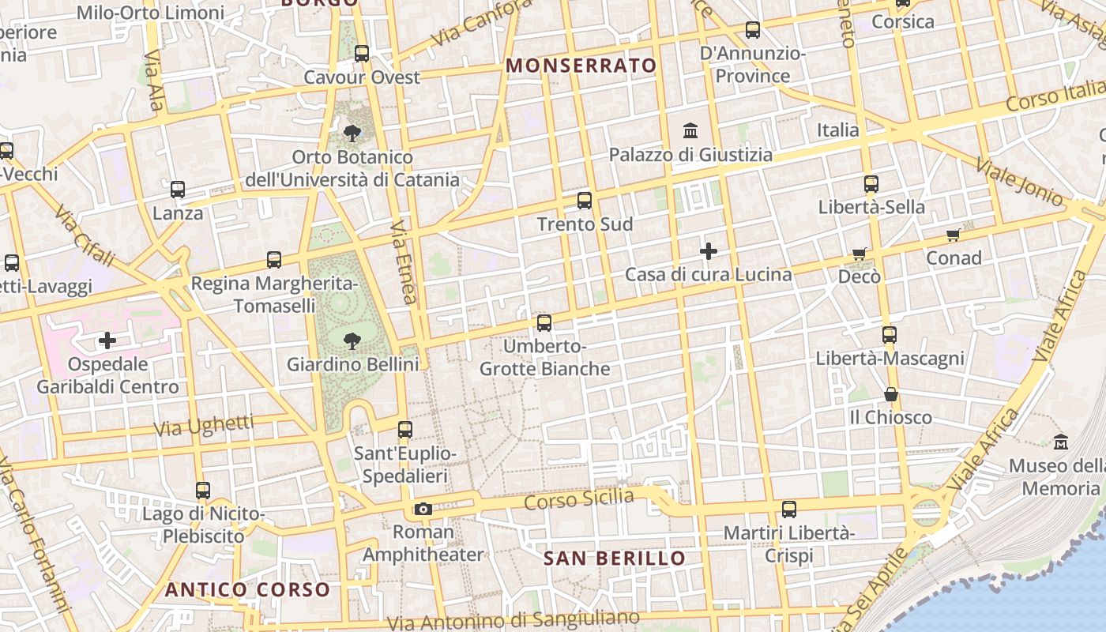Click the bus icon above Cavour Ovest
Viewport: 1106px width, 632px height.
pyautogui.click(x=362, y=54)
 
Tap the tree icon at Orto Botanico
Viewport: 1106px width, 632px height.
pyautogui.click(x=352, y=134)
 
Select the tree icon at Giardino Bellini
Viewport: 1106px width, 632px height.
pyautogui.click(x=352, y=341)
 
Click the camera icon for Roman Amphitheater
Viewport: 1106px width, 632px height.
pyautogui.click(x=423, y=509)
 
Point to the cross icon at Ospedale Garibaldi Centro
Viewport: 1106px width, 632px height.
pyautogui.click(x=107, y=341)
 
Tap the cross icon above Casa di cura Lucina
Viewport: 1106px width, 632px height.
pyautogui.click(x=709, y=251)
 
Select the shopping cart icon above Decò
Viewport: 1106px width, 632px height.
pyautogui.click(x=860, y=254)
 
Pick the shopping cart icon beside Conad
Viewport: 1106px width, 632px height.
pyautogui.click(x=954, y=235)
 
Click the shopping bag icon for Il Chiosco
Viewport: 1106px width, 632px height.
pyautogui.click(x=891, y=393)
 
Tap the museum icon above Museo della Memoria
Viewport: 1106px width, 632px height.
pyautogui.click(x=1061, y=442)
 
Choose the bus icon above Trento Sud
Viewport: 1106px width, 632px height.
pyautogui.click(x=585, y=201)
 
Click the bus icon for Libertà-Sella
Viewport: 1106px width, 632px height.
pyautogui.click(x=871, y=184)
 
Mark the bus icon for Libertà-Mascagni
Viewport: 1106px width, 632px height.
pyautogui.click(x=890, y=335)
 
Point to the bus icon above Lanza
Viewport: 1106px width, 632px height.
pyautogui.click(x=178, y=190)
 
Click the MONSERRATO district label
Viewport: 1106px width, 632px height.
pyautogui.click(x=581, y=66)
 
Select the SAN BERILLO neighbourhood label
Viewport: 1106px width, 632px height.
pyautogui.click(x=615, y=559)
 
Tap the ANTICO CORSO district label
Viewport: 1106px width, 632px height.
pyautogui.click(x=247, y=589)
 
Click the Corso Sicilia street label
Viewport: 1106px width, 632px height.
pyautogui.click(x=579, y=499)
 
